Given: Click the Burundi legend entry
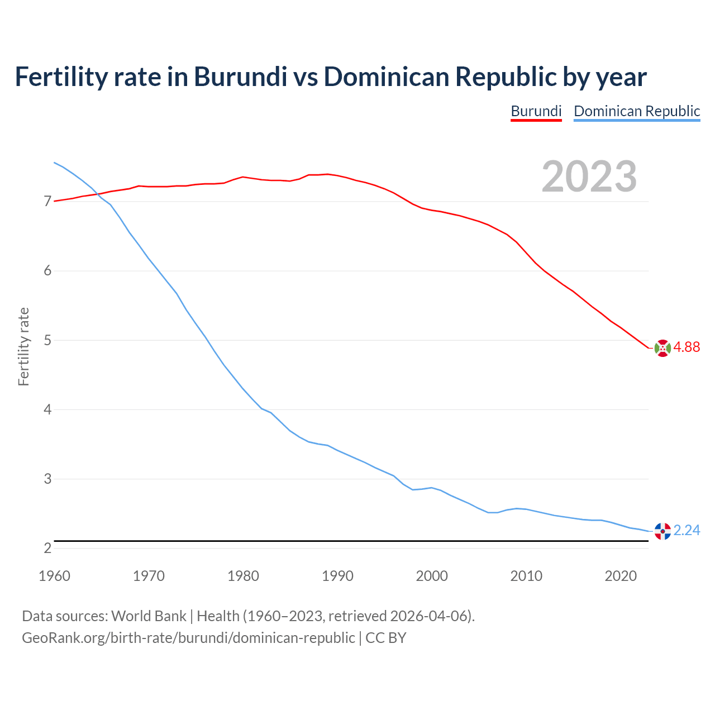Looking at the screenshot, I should coord(536,111).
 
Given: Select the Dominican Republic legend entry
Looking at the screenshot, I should coord(637,111).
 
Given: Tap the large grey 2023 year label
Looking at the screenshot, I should coord(589,177).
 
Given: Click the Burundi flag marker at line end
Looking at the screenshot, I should coord(662,347).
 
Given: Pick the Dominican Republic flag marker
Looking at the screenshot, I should coord(662,531).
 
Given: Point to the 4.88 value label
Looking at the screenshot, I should coord(687,347).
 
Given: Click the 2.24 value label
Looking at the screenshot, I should coord(687,530).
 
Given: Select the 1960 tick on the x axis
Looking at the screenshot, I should coord(54,576).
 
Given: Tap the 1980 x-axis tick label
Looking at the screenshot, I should coord(243,576).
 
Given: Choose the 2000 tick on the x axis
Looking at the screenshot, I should coord(432,576).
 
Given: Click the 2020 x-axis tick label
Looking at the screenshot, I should coord(621,576).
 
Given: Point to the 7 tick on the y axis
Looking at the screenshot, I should coord(47,201).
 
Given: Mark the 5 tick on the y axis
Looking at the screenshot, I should coord(47,340).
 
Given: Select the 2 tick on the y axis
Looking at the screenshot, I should coord(47,548).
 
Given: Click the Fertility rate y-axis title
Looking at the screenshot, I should coord(23,346).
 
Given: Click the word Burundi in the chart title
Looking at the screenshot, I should coord(240,77).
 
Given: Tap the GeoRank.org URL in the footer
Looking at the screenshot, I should coord(188,637).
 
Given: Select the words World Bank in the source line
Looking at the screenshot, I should coord(149,616).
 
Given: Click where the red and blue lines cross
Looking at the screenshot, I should coord(96,193).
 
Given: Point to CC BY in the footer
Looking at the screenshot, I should coord(386,637).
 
